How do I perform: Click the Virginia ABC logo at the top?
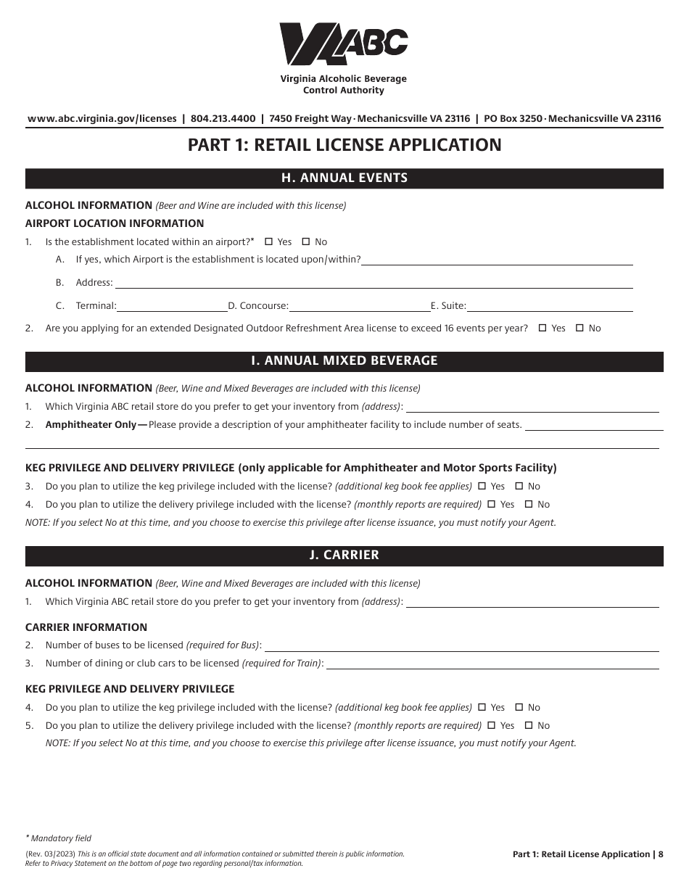344,44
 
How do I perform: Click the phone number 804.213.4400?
223,119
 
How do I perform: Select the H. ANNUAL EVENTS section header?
344,178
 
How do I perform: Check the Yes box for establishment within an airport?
268,242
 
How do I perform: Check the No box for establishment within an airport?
305,242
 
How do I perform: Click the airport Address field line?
374,283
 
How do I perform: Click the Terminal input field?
172,306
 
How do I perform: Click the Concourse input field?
359,306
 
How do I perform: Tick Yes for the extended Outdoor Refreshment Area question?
542,329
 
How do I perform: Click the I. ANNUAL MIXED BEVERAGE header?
344,361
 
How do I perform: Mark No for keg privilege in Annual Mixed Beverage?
519,487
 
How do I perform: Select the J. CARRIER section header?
344,556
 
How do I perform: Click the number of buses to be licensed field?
461,645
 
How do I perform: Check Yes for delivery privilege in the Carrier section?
492,726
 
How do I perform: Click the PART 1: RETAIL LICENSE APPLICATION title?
344,145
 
